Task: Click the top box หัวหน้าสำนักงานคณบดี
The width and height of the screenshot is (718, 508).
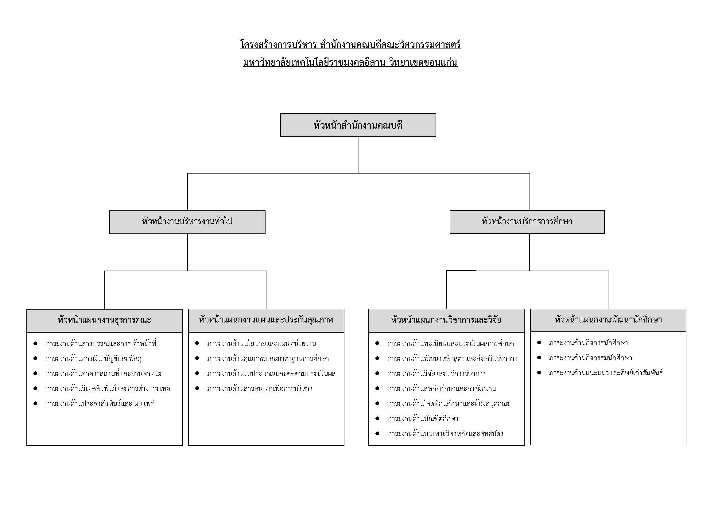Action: click(x=358, y=125)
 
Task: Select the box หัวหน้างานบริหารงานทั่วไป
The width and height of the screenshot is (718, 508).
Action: click(x=187, y=222)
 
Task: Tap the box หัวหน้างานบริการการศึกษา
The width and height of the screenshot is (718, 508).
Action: click(x=527, y=222)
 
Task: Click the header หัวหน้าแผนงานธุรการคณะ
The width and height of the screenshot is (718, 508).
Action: click(x=104, y=321)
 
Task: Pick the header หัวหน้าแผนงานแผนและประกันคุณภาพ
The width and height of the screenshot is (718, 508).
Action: click(x=266, y=320)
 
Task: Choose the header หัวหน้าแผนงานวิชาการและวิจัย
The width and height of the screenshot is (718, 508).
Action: click(x=446, y=320)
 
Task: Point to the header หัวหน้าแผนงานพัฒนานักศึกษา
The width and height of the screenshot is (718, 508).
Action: click(x=608, y=320)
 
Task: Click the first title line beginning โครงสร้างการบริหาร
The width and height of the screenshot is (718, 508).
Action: click(x=350, y=45)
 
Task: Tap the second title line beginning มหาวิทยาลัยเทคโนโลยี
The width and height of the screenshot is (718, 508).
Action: click(x=350, y=62)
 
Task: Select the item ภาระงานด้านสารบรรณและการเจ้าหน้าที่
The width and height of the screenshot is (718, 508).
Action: click(x=101, y=343)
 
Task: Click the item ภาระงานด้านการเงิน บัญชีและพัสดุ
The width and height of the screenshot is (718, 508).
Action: click(x=93, y=358)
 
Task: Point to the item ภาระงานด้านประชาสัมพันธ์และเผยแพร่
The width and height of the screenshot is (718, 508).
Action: click(x=99, y=404)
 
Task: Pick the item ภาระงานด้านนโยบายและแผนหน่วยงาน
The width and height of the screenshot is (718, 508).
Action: click(x=262, y=343)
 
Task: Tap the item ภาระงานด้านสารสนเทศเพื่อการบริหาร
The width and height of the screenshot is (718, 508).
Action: click(x=260, y=389)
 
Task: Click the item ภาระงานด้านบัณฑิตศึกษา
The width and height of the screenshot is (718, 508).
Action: click(x=423, y=419)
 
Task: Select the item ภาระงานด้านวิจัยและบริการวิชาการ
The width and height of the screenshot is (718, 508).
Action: click(x=436, y=373)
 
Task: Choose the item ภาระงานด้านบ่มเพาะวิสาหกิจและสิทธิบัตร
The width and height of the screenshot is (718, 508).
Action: click(x=445, y=434)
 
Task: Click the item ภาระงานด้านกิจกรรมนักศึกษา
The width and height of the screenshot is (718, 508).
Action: click(x=590, y=358)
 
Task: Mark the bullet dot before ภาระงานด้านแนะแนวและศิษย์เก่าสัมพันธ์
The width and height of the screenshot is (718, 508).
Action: click(x=539, y=373)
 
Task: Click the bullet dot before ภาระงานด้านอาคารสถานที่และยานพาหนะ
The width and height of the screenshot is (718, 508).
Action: click(x=35, y=373)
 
